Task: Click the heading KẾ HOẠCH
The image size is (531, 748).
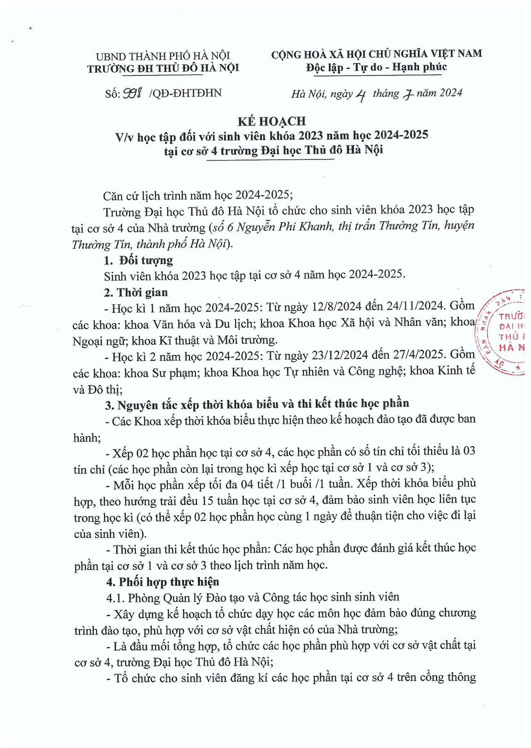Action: (272, 121)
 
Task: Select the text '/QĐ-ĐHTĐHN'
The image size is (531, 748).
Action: (185, 94)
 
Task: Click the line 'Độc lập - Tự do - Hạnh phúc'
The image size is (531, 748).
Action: (376, 68)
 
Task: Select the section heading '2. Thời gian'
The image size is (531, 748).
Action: (136, 292)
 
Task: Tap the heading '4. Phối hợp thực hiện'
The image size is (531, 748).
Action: (162, 582)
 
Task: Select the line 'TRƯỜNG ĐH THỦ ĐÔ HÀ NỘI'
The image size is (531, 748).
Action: (163, 68)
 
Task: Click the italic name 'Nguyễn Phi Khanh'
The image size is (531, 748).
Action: (278, 226)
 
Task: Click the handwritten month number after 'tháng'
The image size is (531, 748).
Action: (408, 95)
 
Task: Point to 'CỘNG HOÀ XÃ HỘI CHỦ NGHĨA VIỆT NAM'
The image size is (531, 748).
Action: (376, 54)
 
